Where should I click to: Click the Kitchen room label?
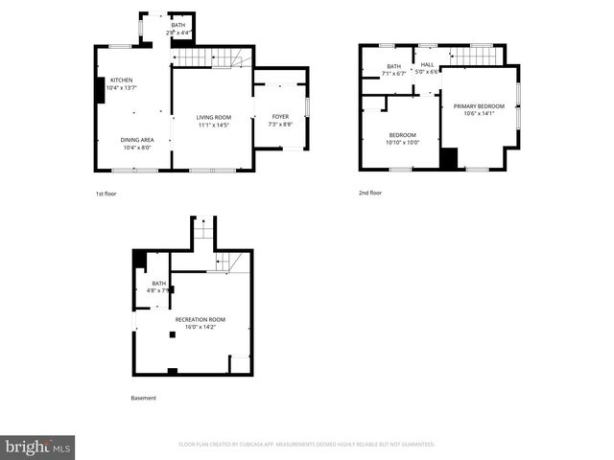pos(121,80)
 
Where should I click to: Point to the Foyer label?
pos(280,117)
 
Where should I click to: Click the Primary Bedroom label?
pos(479,106)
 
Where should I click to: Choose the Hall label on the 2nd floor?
pos(427,64)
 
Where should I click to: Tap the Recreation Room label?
pos(200,318)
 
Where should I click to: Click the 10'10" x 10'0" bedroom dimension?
pos(404,142)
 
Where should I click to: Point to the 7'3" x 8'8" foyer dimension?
pos(280,125)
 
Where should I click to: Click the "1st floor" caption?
pos(106,194)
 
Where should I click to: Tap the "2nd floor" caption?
pos(370,194)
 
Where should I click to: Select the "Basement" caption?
pos(143,398)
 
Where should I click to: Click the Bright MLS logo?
pos(38,447)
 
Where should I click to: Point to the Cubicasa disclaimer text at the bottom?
pos(307,444)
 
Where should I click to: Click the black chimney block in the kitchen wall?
pos(99,89)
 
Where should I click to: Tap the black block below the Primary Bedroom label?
pos(449,158)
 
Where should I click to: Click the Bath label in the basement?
pos(158,284)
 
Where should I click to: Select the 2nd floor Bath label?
pos(393,65)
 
